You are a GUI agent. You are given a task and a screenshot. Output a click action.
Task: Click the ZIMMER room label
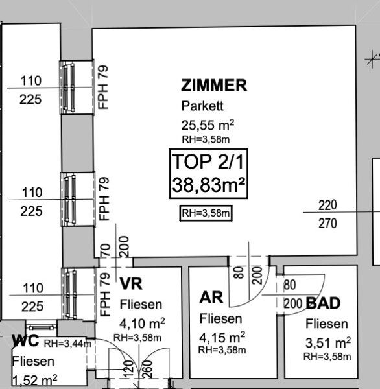click(x=214, y=86)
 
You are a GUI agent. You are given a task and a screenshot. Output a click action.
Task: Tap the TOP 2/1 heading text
click(x=208, y=161)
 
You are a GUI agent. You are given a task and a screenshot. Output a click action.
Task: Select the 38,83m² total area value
click(x=209, y=185)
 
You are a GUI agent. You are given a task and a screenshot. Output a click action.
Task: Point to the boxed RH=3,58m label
click(x=206, y=213)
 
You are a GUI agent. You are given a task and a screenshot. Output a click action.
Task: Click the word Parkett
click(x=202, y=106)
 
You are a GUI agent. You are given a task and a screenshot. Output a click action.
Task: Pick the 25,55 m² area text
click(x=208, y=124)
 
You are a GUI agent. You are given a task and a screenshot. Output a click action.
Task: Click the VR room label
click(x=131, y=283)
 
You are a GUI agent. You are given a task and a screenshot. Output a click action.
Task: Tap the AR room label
click(x=211, y=297)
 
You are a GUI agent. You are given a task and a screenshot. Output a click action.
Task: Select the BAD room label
click(x=323, y=303)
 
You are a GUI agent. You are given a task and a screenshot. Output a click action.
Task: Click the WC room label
click(x=25, y=340)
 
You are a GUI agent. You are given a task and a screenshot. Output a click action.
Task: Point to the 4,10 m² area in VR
click(x=142, y=324)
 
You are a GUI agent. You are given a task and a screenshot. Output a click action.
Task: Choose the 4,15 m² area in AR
click(x=222, y=337)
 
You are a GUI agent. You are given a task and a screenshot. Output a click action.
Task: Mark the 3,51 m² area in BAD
click(x=328, y=343)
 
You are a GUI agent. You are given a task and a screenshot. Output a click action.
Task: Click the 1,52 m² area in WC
click(x=35, y=380)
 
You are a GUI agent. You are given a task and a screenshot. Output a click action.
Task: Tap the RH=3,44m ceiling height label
click(x=67, y=344)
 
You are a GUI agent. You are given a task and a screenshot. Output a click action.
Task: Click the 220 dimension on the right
click(x=327, y=205)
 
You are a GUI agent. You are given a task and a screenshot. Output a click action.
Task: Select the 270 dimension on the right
click(x=327, y=224)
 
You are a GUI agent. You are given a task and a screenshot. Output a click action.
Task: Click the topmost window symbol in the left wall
click(x=77, y=87)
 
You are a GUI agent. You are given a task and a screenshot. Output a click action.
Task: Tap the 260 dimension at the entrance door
click(x=148, y=369)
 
